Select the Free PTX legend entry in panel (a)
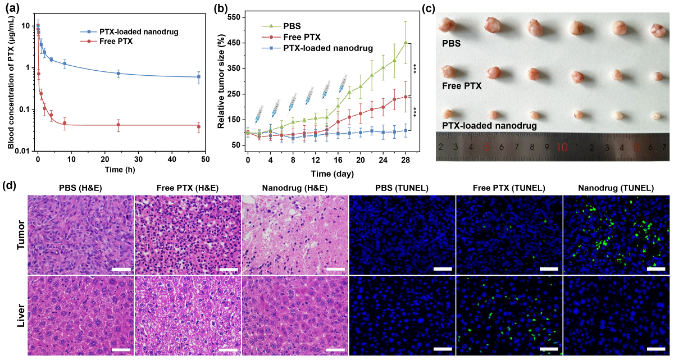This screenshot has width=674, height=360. (x=115, y=42)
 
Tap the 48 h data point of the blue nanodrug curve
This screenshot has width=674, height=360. (x=199, y=77)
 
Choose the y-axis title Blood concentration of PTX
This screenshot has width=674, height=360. (x=11, y=87)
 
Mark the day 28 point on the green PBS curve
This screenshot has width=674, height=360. (x=406, y=42)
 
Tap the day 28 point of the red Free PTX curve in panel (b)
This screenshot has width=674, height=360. (x=406, y=97)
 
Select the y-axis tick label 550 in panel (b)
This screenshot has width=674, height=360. (x=233, y=18)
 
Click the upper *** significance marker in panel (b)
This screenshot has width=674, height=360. (x=416, y=70)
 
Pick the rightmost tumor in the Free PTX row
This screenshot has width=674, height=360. (x=655, y=76)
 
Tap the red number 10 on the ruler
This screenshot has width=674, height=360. (x=561, y=147)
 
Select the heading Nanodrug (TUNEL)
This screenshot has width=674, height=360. (x=616, y=188)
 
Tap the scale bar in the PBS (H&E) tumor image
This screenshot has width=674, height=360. (x=121, y=269)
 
